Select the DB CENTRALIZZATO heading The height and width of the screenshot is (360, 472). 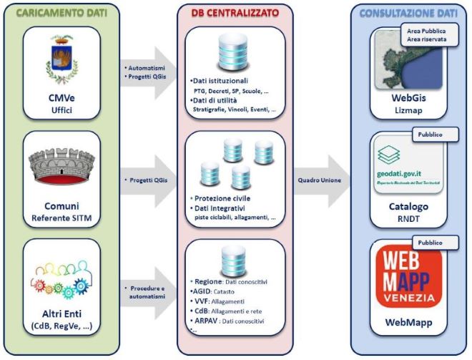235,13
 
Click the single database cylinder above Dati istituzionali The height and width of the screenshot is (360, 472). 235,51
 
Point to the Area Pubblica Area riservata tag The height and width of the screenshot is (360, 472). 426,36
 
